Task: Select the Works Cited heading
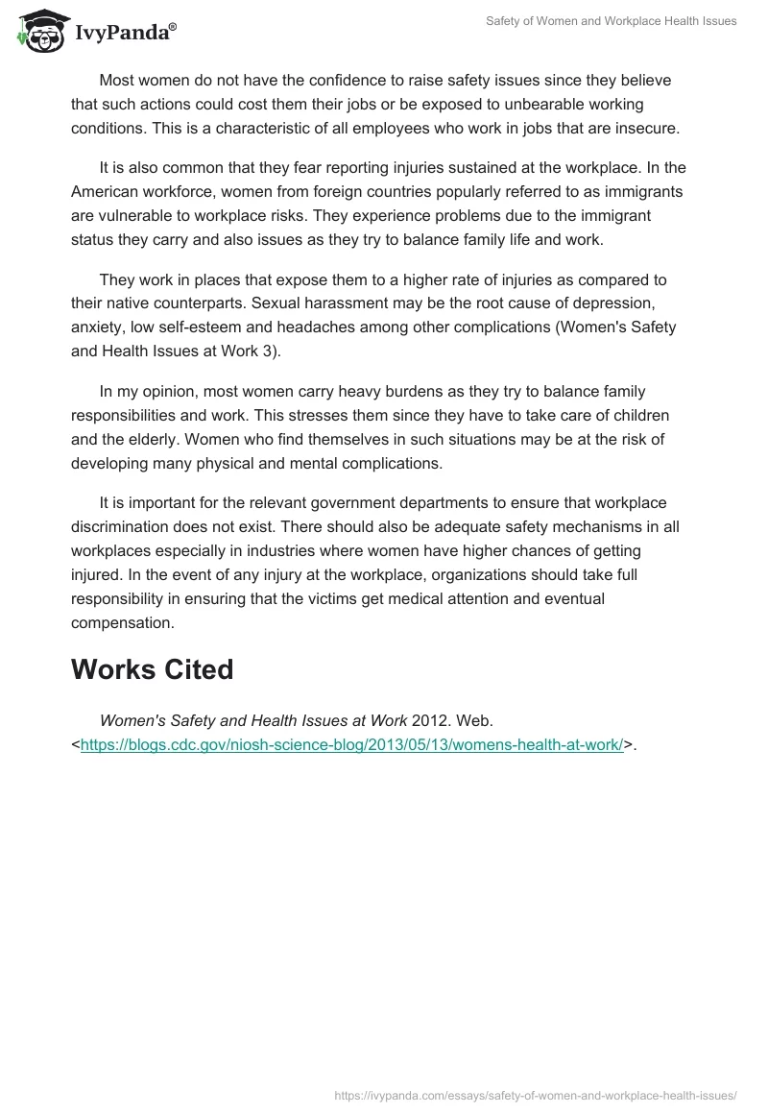(x=152, y=669)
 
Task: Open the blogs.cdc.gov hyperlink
(x=351, y=743)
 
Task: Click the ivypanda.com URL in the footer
(x=536, y=1095)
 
